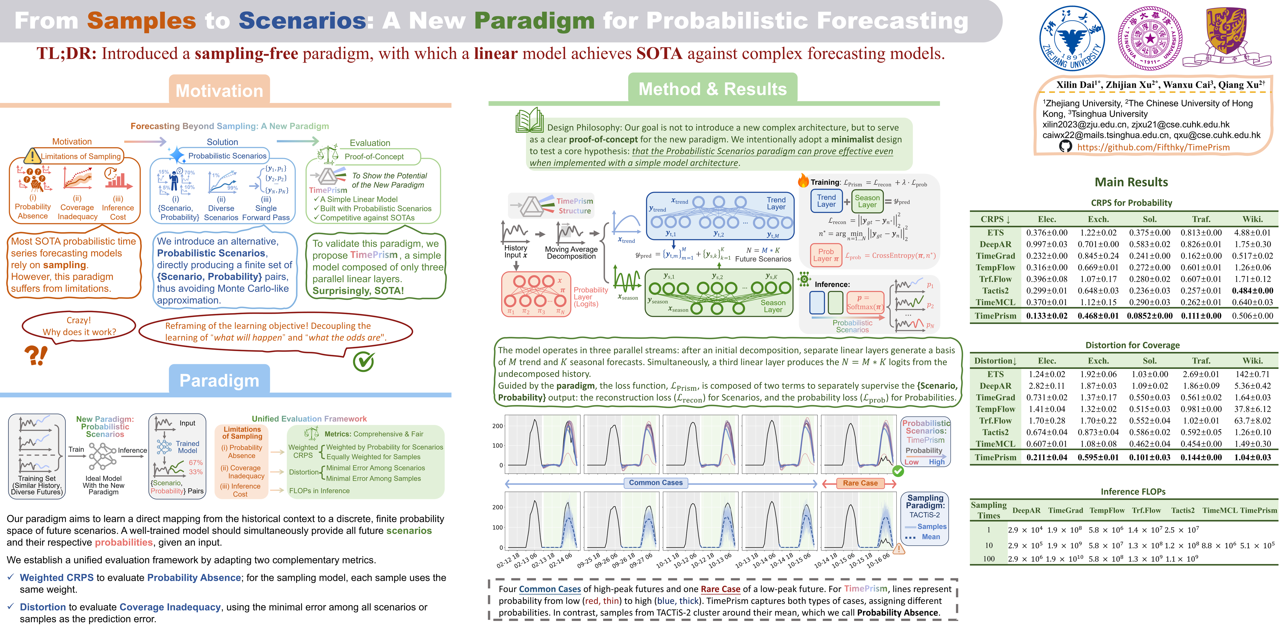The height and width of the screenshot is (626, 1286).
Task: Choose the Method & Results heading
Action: (x=712, y=89)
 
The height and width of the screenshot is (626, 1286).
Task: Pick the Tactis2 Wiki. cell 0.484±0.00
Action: (x=1252, y=291)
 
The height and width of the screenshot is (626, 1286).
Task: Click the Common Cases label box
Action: (x=656, y=483)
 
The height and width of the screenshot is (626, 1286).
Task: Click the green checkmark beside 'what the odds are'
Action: (x=363, y=361)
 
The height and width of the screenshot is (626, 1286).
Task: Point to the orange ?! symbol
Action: (x=36, y=355)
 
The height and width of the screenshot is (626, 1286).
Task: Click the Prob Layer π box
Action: (x=826, y=255)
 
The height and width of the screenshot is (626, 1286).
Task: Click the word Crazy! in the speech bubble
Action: (x=79, y=320)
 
